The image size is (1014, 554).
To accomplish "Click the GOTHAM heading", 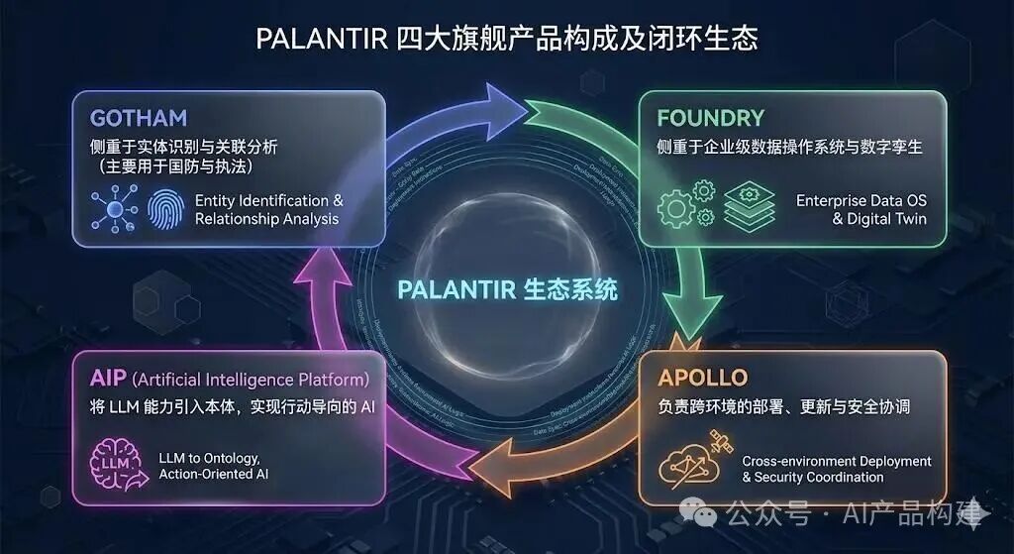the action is click(x=138, y=118).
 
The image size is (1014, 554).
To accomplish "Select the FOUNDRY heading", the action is click(x=710, y=118).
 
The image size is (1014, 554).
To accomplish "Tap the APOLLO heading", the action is click(x=702, y=378).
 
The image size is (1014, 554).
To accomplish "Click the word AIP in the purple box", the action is click(x=107, y=379).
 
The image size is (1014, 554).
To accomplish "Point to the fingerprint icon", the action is click(x=165, y=209).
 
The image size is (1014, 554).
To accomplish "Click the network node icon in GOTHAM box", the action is click(x=112, y=209).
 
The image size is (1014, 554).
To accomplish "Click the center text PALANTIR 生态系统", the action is click(x=507, y=289).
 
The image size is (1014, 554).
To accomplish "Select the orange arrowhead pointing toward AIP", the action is click(x=489, y=466).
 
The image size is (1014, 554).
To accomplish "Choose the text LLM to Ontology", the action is click(x=209, y=458).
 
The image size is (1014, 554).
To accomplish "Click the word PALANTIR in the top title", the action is click(x=319, y=39).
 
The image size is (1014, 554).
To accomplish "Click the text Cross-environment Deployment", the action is click(x=837, y=461).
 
